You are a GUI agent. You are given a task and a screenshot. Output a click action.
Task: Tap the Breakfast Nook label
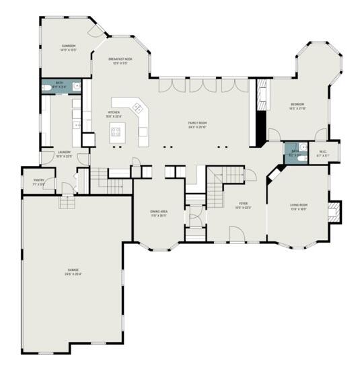pos(120,60)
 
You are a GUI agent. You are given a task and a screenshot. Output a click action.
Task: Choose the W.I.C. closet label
pos(323,151)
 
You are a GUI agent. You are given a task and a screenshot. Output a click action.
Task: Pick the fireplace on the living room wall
pos(334,212)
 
